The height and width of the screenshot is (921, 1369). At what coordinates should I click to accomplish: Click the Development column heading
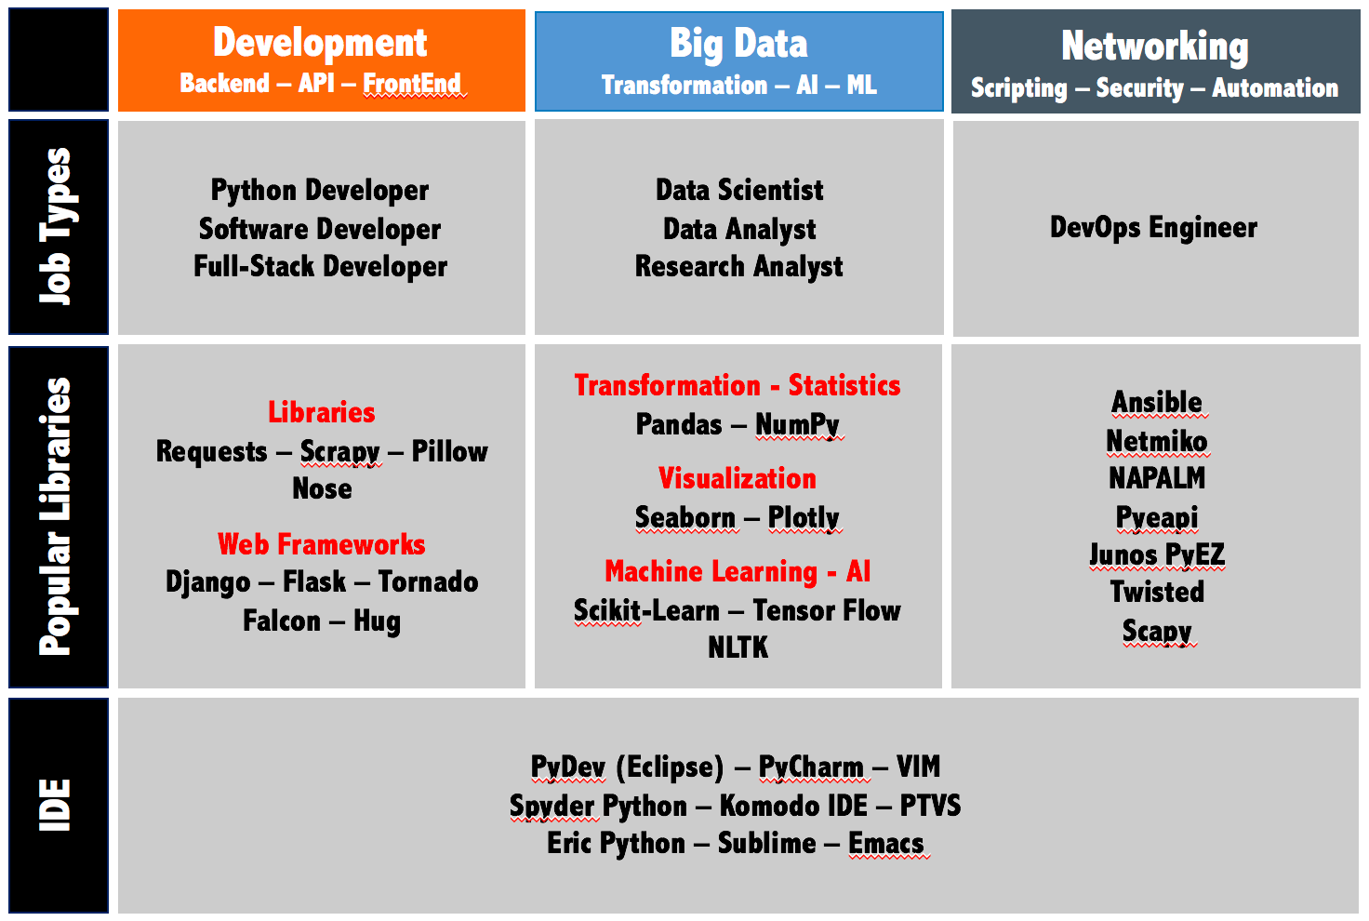320,44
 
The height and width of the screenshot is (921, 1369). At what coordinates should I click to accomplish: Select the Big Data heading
738,44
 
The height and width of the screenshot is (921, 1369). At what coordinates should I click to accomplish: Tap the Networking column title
1154,47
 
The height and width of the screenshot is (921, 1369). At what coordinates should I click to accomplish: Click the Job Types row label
56,226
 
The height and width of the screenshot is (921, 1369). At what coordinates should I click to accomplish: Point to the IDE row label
55,805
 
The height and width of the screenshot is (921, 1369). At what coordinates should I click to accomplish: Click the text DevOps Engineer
1153,227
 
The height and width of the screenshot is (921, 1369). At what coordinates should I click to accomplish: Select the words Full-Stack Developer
320,266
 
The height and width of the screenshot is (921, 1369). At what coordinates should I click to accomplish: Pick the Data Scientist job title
738,190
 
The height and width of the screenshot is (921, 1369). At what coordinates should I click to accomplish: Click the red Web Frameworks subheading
322,544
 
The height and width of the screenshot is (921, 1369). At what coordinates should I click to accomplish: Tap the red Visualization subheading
738,478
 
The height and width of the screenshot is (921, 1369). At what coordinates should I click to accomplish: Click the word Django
207,582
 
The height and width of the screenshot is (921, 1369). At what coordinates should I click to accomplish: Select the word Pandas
678,424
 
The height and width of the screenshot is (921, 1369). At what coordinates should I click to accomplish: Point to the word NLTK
738,647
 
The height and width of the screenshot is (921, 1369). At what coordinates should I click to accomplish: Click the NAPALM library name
1156,478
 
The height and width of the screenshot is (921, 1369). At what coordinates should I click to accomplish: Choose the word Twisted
1157,592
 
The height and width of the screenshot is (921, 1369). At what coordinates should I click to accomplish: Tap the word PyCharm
811,767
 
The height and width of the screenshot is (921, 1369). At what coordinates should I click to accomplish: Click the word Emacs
886,844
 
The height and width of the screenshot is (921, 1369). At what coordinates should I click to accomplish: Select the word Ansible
1156,402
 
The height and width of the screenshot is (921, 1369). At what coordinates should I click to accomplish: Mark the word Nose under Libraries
322,489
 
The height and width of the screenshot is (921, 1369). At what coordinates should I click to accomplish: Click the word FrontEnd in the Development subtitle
411,84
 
